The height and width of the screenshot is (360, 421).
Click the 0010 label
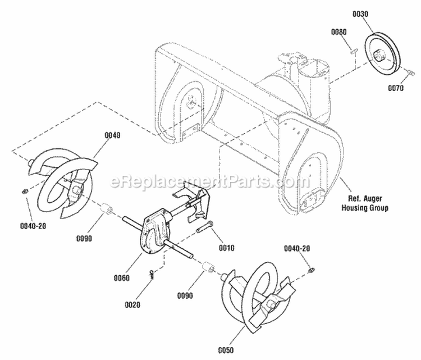(227, 247)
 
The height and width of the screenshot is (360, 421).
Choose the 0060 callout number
(121, 277)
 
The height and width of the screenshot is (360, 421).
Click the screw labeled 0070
(410, 72)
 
